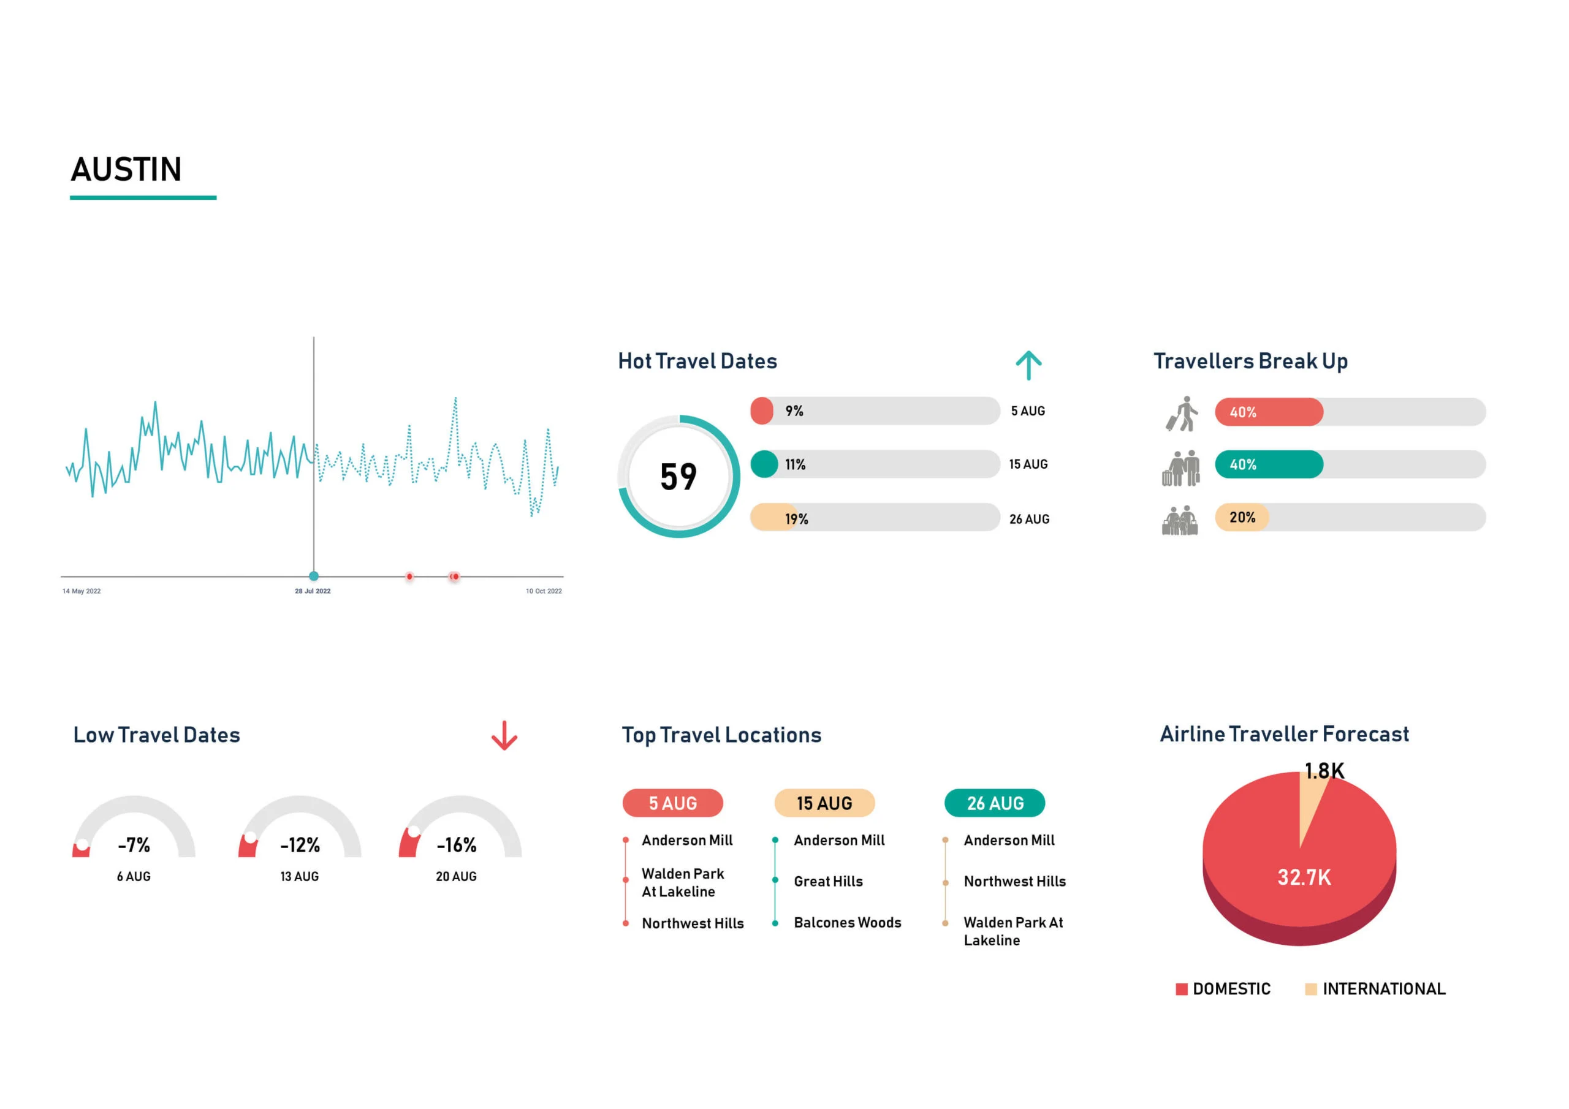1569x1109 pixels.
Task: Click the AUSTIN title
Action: pyautogui.click(x=126, y=170)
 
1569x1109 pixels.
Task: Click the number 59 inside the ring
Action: pyautogui.click(x=678, y=477)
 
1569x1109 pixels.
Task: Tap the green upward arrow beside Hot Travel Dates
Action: pyautogui.click(x=1028, y=366)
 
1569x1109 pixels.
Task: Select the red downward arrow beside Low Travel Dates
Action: pyautogui.click(x=504, y=736)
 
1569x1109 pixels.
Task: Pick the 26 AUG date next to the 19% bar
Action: pyautogui.click(x=1029, y=520)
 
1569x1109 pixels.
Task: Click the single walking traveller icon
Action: pyautogui.click(x=1182, y=414)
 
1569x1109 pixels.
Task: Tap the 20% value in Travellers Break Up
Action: pyautogui.click(x=1242, y=518)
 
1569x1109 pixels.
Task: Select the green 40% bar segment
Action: pyautogui.click(x=1268, y=464)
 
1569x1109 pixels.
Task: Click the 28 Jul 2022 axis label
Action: pyautogui.click(x=313, y=591)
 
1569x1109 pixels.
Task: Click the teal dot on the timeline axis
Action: pyautogui.click(x=314, y=576)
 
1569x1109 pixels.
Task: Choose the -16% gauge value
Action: pyautogui.click(x=457, y=846)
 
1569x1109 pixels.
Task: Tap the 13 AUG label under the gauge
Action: pyautogui.click(x=299, y=877)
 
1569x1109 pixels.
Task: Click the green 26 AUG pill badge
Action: pyautogui.click(x=994, y=803)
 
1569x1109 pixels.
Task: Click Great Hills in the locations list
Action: pyautogui.click(x=827, y=882)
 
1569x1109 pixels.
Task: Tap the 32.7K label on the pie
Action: pyautogui.click(x=1304, y=877)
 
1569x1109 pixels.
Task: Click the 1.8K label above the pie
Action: pyautogui.click(x=1324, y=771)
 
